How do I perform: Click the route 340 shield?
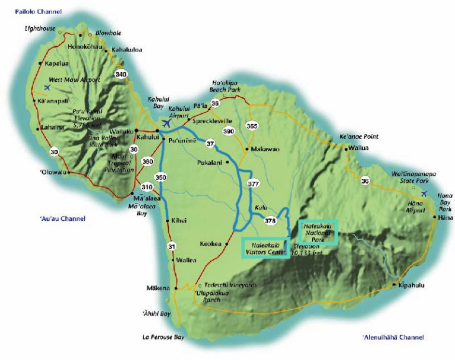[x=121, y=75]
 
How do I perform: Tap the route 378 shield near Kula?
[x=270, y=221]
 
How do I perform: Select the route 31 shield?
[x=171, y=246]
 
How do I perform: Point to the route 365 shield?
[x=252, y=126]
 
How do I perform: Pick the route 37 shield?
[x=210, y=143]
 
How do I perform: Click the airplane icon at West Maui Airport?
[x=47, y=88]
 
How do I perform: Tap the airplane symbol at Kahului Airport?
[x=165, y=124]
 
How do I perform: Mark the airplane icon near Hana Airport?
[x=424, y=194]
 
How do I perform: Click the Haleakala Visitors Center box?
[x=266, y=247]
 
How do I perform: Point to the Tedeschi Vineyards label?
[x=231, y=285]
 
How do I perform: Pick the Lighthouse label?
[x=39, y=28]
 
